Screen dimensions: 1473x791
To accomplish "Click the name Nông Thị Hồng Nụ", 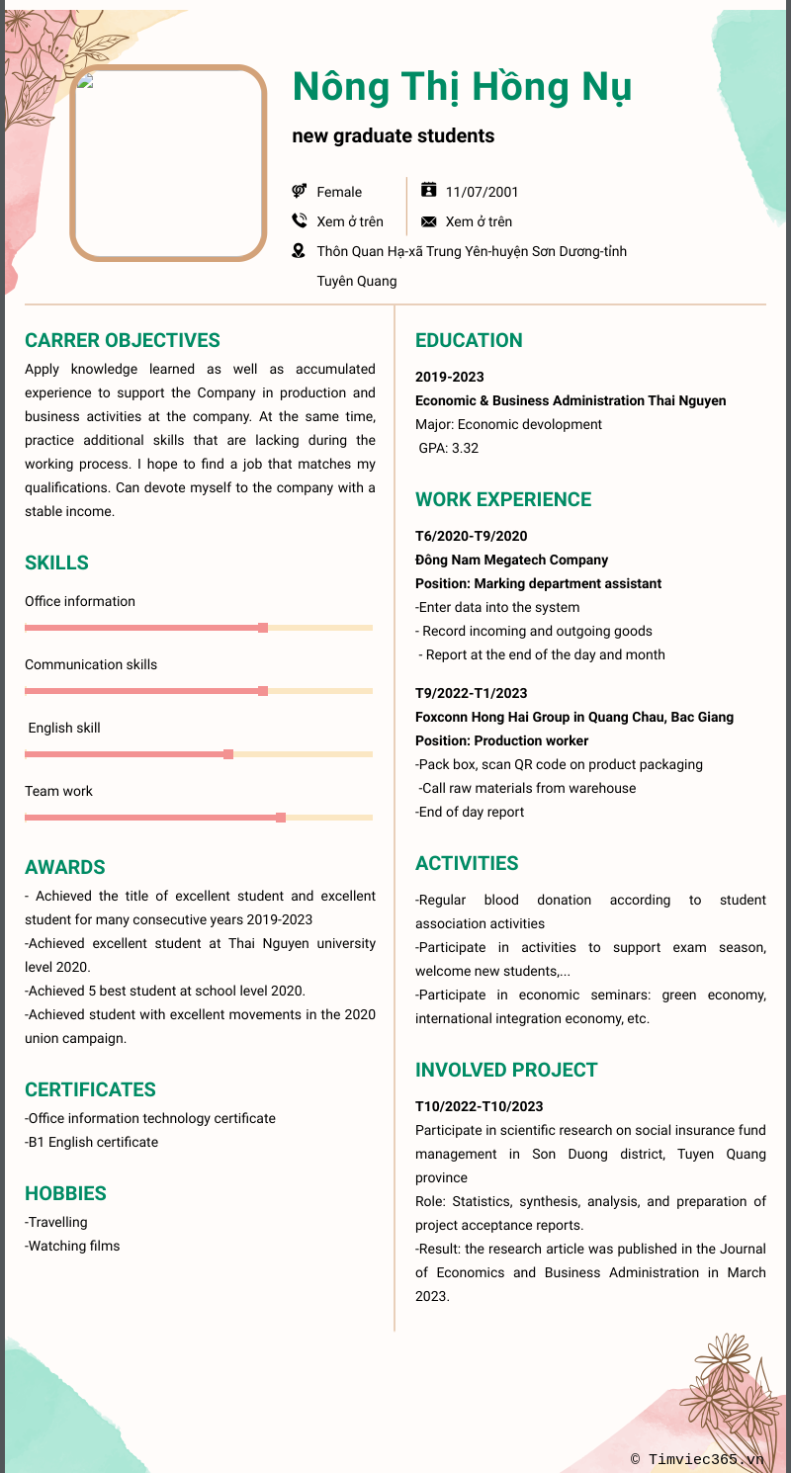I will (x=462, y=88).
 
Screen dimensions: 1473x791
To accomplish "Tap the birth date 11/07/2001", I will (x=482, y=192).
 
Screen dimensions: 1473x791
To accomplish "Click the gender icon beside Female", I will (x=300, y=191).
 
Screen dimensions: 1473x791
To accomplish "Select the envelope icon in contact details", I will (x=429, y=221).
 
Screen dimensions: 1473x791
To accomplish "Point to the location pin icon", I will (x=300, y=251).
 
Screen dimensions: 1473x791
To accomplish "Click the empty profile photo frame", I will (x=168, y=163).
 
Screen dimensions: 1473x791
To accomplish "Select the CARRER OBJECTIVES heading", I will (x=123, y=340).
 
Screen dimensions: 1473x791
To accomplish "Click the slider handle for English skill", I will (x=228, y=754).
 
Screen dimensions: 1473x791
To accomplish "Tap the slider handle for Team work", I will (x=281, y=818).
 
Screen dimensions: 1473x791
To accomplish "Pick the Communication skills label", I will (x=91, y=664).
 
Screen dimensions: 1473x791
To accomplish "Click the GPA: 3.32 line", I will (x=449, y=448).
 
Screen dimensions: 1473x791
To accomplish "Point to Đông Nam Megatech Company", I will (x=511, y=560).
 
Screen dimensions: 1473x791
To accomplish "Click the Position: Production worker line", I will (x=501, y=740).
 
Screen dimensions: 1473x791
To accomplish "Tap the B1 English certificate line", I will (x=91, y=1142).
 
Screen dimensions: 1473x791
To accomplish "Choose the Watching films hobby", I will (x=72, y=1246).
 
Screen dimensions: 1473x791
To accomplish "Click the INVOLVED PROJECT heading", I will (x=506, y=1070).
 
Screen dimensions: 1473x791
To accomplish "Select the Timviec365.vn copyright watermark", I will (x=697, y=1458).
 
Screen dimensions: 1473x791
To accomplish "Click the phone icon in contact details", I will (x=300, y=221).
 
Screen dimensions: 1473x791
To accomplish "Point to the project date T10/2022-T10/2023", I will (x=479, y=1106).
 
